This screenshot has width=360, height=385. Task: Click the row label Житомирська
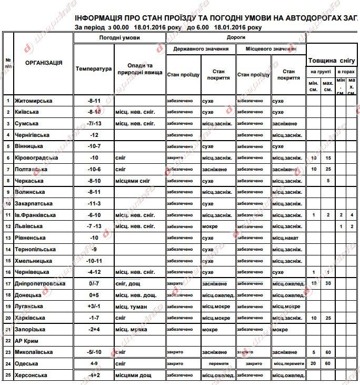pyautogui.click(x=33, y=101)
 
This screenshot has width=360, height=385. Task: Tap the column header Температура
pyautogui.click(x=94, y=69)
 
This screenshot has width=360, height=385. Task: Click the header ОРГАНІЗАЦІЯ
pyautogui.click(x=44, y=63)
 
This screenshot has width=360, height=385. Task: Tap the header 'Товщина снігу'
pyautogui.click(x=332, y=61)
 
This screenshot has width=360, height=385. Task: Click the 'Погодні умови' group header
pyautogui.click(x=119, y=38)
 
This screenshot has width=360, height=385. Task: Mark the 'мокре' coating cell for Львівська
pyautogui.click(x=209, y=226)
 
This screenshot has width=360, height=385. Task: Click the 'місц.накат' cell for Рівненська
pyautogui.click(x=285, y=238)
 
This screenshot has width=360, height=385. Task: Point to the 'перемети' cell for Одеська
pyautogui.click(x=218, y=363)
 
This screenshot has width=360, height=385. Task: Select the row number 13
pyautogui.click(x=8, y=238)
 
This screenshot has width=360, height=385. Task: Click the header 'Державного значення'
pyautogui.click(x=201, y=49)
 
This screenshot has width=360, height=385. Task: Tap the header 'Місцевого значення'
pyautogui.click(x=271, y=49)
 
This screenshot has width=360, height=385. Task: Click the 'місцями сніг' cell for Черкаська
pyautogui.click(x=133, y=181)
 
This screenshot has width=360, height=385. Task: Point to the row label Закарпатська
pyautogui.click(x=35, y=203)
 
